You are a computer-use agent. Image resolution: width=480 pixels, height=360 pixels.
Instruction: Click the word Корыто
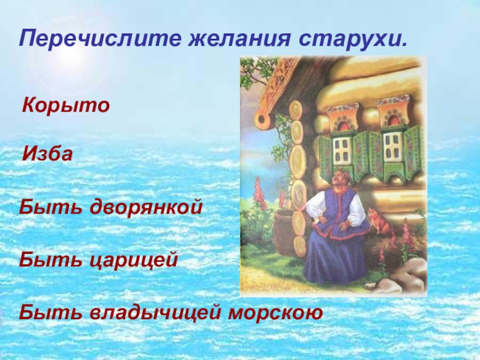pos(66,107)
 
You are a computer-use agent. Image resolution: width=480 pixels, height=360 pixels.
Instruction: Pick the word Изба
pos(47,155)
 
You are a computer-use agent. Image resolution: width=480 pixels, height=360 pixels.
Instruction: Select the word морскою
pos(274,313)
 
